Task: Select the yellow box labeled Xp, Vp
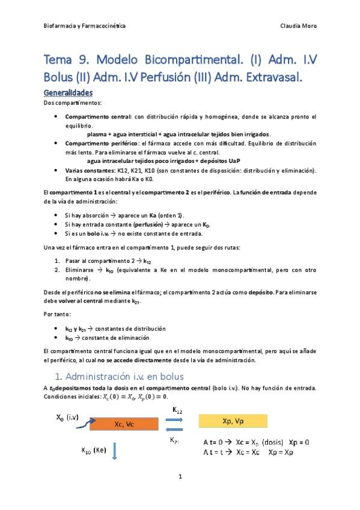coord(227,420)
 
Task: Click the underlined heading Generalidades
coord(69,93)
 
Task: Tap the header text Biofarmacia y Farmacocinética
coord(85,26)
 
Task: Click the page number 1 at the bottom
coord(180,476)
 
